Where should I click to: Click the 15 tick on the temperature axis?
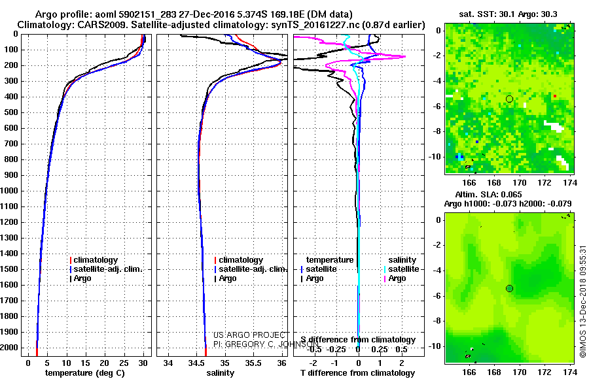(86, 362)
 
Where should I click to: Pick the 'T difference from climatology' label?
(358, 372)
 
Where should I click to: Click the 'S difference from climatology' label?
(358, 340)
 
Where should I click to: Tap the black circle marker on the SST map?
(509, 99)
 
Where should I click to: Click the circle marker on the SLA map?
(509, 288)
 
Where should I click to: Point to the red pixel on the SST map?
(554, 96)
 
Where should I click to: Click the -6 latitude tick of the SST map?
(436, 107)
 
